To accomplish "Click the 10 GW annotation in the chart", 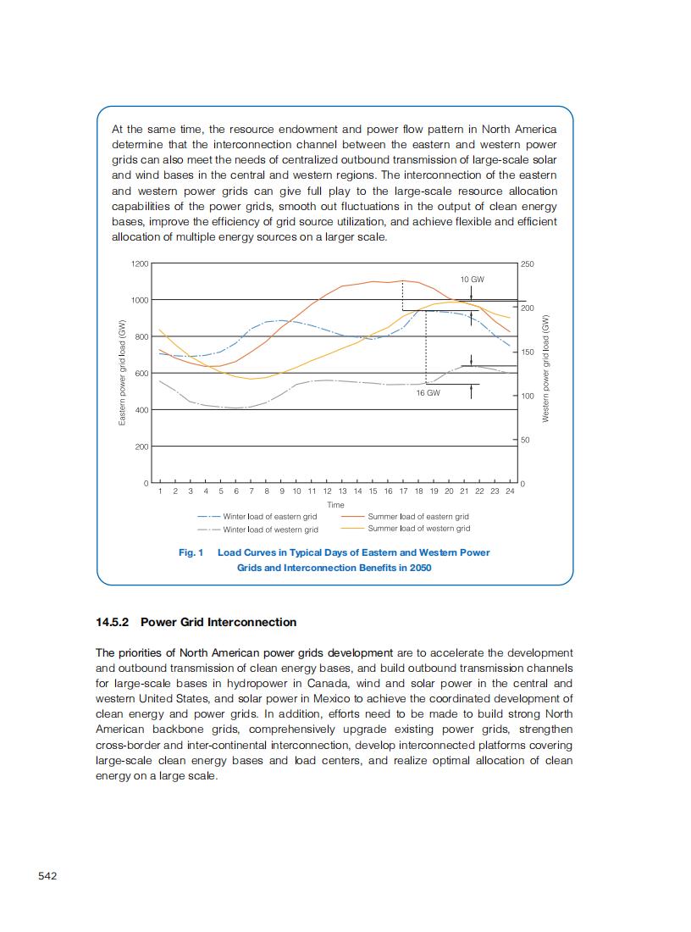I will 472,279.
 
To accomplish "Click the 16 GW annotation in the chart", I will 428,393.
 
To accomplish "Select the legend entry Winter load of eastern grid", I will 269,516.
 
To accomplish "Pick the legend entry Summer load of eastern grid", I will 417,516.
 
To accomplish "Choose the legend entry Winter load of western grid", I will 270,530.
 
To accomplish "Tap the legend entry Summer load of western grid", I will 418,529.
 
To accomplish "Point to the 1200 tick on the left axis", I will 140,264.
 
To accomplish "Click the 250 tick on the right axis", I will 528,264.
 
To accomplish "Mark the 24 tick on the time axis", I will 510,491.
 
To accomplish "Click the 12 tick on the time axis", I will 327,491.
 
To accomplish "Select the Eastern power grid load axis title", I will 123,373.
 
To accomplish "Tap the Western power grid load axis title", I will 546,368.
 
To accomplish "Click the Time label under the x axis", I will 335,505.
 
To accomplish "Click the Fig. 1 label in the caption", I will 191,552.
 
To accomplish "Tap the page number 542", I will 47,875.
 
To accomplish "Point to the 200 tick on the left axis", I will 141,447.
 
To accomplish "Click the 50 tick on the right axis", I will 525,440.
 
